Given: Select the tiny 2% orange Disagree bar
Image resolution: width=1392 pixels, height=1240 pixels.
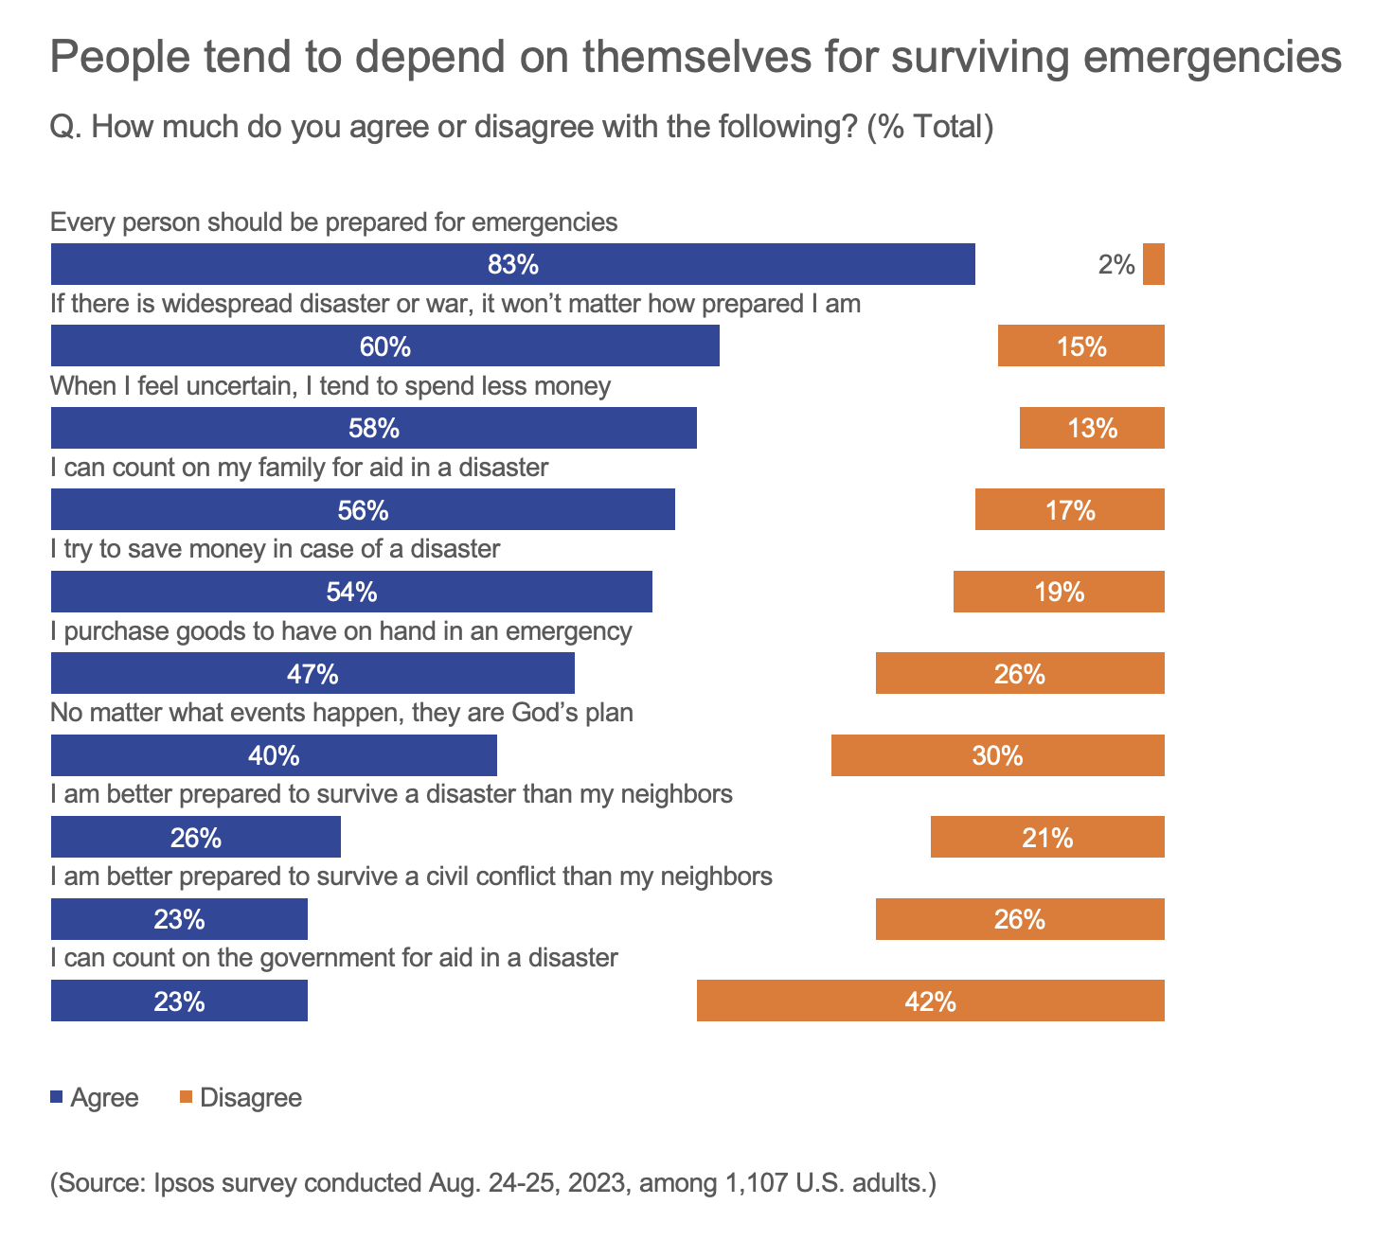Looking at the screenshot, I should [x=1153, y=264].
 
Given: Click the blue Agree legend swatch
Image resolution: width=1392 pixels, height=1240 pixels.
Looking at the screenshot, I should [x=56, y=1097].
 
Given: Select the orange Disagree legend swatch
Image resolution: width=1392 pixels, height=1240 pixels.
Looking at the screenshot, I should [x=186, y=1097].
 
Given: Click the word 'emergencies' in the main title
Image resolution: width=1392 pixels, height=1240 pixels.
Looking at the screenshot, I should [x=1211, y=57].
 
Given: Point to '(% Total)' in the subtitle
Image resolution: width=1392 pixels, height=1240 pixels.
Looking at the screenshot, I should [x=930, y=126].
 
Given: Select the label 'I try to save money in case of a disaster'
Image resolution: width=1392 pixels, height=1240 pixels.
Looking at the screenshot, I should [x=275, y=549].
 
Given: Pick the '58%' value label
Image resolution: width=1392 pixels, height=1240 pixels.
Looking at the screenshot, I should [x=373, y=429].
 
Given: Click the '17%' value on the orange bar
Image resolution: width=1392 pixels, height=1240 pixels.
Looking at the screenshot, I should [x=1070, y=511].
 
